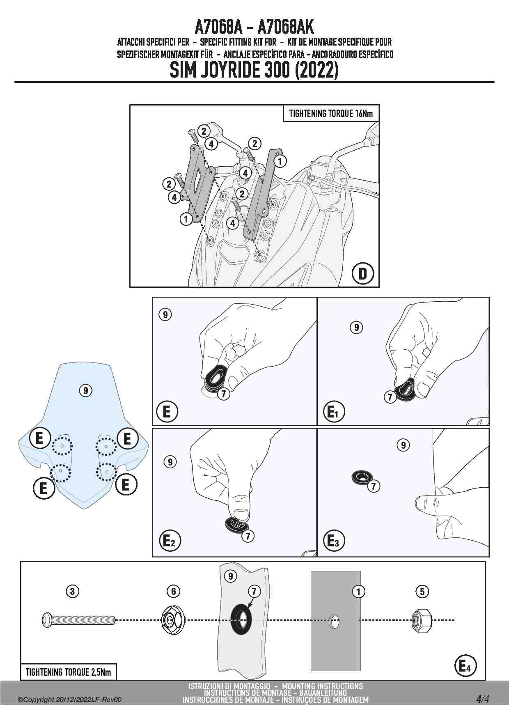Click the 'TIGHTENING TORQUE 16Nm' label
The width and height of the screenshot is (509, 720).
coord(331,114)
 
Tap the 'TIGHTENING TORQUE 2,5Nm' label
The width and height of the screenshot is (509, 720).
coord(68,672)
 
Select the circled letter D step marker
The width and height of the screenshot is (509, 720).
coord(363,273)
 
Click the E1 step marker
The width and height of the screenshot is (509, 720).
coord(334,412)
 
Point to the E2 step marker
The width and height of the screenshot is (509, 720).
coord(169,541)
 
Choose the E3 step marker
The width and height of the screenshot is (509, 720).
coord(334,541)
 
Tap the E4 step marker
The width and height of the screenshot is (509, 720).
coord(465,666)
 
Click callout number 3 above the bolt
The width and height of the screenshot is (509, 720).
coord(72,592)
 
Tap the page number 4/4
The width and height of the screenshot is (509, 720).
coord(482,699)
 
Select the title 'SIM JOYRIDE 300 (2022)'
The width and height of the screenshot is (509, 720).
coord(254,71)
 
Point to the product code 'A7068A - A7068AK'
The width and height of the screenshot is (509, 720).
coord(254,28)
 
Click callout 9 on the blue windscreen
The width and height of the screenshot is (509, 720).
coord(85,390)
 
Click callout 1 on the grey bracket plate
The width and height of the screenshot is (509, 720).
coord(358,592)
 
